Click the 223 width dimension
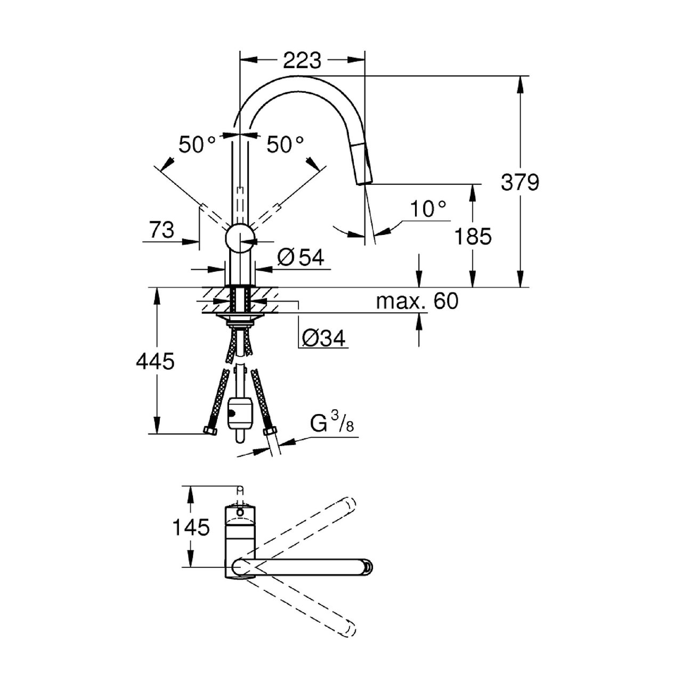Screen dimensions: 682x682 point(302,61)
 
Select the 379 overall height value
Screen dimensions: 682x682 point(520,183)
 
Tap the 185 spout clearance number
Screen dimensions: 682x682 point(473,236)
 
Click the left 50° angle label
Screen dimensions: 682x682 point(197,144)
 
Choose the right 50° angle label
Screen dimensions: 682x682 point(285,144)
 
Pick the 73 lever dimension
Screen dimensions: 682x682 point(162,230)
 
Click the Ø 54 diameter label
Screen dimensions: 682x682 point(301,257)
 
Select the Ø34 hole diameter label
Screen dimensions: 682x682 point(323,339)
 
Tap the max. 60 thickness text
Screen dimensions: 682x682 point(417,301)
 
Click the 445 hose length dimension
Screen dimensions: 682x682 point(155,361)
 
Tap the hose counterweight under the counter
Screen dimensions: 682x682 point(239,419)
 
